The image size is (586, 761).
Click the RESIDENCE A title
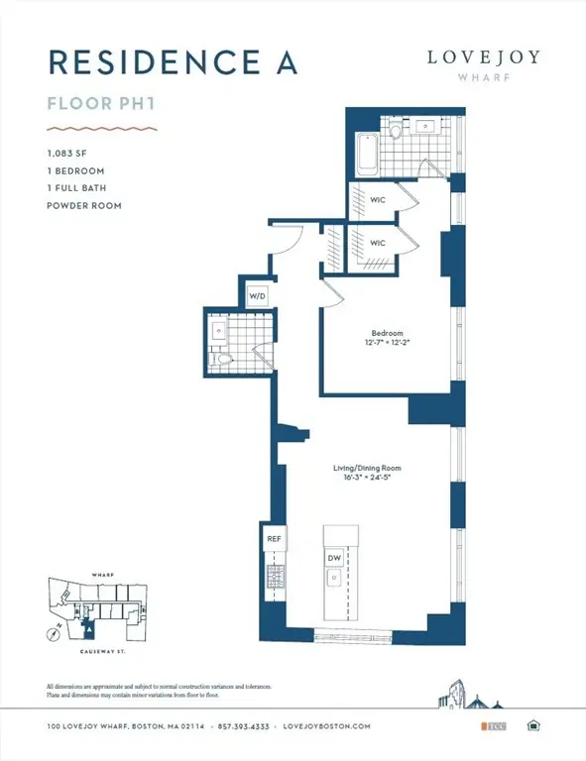pyautogui.click(x=173, y=61)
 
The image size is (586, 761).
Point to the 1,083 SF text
pyautogui.click(x=68, y=154)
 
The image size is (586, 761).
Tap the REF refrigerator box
pyautogui.click(x=275, y=538)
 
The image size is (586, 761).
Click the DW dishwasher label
pyautogui.click(x=334, y=559)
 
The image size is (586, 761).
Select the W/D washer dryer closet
pyautogui.click(x=257, y=294)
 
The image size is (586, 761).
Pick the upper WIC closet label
pyautogui.click(x=378, y=200)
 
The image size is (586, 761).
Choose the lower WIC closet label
pyautogui.click(x=378, y=243)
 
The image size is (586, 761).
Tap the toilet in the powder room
pyautogui.click(x=224, y=359)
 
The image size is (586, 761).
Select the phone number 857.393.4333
pyautogui.click(x=245, y=726)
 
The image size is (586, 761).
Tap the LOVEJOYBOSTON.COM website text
pyautogui.click(x=326, y=726)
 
